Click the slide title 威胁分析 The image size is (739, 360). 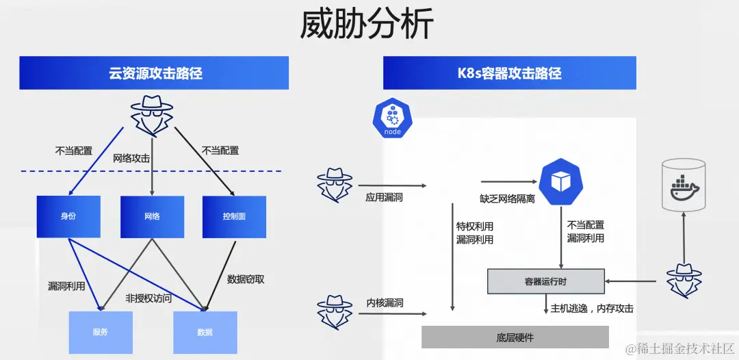click(367, 25)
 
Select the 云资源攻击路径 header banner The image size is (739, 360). click(154, 73)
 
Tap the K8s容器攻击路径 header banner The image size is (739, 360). click(509, 73)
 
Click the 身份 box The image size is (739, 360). click(68, 216)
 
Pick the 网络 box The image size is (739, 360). click(152, 216)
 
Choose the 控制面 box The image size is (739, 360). click(234, 216)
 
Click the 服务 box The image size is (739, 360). click(101, 332)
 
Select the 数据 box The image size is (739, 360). click(205, 332)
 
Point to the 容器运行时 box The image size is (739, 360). click(545, 281)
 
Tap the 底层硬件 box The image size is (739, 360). click(515, 337)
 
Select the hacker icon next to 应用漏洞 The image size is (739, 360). click(335, 183)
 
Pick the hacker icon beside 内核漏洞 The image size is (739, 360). click(335, 312)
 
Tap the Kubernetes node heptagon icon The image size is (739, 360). click(393, 118)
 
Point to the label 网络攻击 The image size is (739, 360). click(131, 159)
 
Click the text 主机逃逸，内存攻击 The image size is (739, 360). click(592, 309)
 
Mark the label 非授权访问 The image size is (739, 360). click(148, 298)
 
